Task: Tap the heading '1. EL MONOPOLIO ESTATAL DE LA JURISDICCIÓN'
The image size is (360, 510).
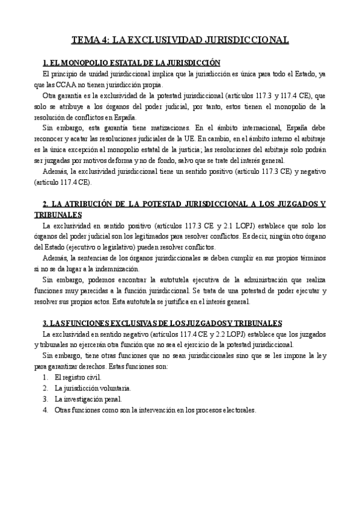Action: tap(132, 63)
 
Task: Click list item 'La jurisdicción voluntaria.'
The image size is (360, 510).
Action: tap(92, 389)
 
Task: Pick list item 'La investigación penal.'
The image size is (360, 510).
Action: tap(88, 399)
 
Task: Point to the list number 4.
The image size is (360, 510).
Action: tap(45, 410)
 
